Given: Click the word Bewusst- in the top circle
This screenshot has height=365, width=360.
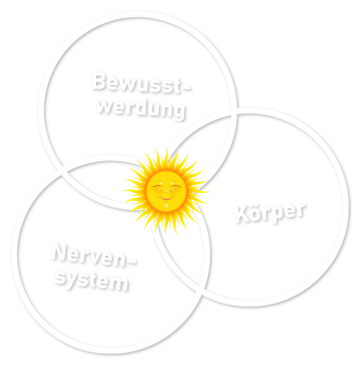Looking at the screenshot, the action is [141, 83].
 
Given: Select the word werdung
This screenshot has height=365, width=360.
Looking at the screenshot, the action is [141, 109].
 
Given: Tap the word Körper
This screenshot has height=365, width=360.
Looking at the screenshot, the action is [270, 213].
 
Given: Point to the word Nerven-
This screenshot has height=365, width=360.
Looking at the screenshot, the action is [94, 255].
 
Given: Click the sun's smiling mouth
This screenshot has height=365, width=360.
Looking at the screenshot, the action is [166, 199].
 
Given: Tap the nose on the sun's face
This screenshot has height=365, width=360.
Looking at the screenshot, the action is [166, 192].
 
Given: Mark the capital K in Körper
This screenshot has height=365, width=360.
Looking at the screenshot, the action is [242, 214].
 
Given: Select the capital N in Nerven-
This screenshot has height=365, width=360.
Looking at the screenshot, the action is [60, 252].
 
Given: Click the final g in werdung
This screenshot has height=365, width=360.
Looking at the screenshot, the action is [179, 113].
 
